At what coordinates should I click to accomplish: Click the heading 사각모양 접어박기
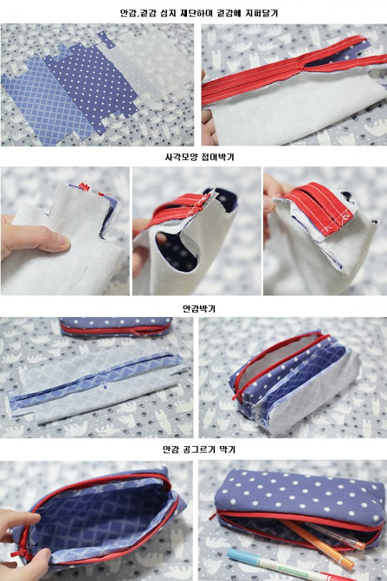[199, 157]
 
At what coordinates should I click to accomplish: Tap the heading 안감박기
[199, 308]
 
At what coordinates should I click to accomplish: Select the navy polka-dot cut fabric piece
[91, 82]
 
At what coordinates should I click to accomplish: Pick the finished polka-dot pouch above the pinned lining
[116, 326]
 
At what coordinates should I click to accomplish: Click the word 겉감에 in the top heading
[228, 14]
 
